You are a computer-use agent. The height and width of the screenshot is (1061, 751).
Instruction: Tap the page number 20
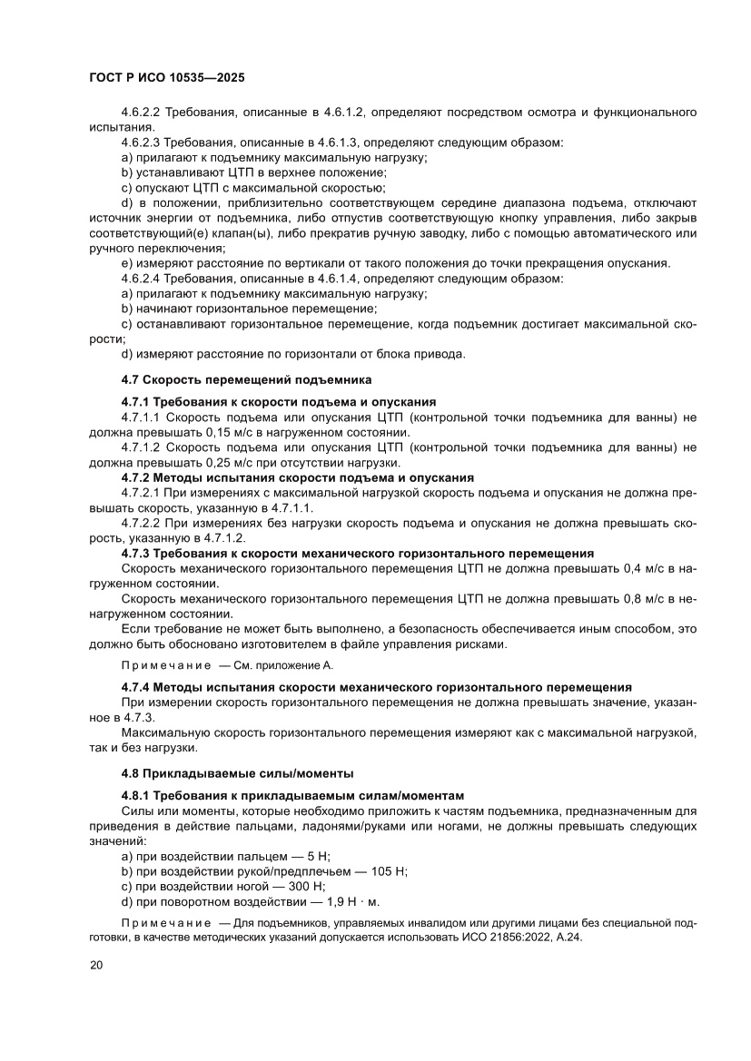pyautogui.click(x=97, y=965)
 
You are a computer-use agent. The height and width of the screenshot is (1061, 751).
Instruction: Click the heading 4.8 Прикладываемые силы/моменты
pyautogui.click(x=237, y=773)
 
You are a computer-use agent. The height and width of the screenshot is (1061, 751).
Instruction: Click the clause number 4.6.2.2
pyautogui.click(x=141, y=113)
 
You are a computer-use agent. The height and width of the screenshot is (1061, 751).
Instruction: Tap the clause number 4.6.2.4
pyautogui.click(x=141, y=278)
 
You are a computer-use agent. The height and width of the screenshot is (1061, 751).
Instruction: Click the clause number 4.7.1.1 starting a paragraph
pyautogui.click(x=141, y=417)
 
